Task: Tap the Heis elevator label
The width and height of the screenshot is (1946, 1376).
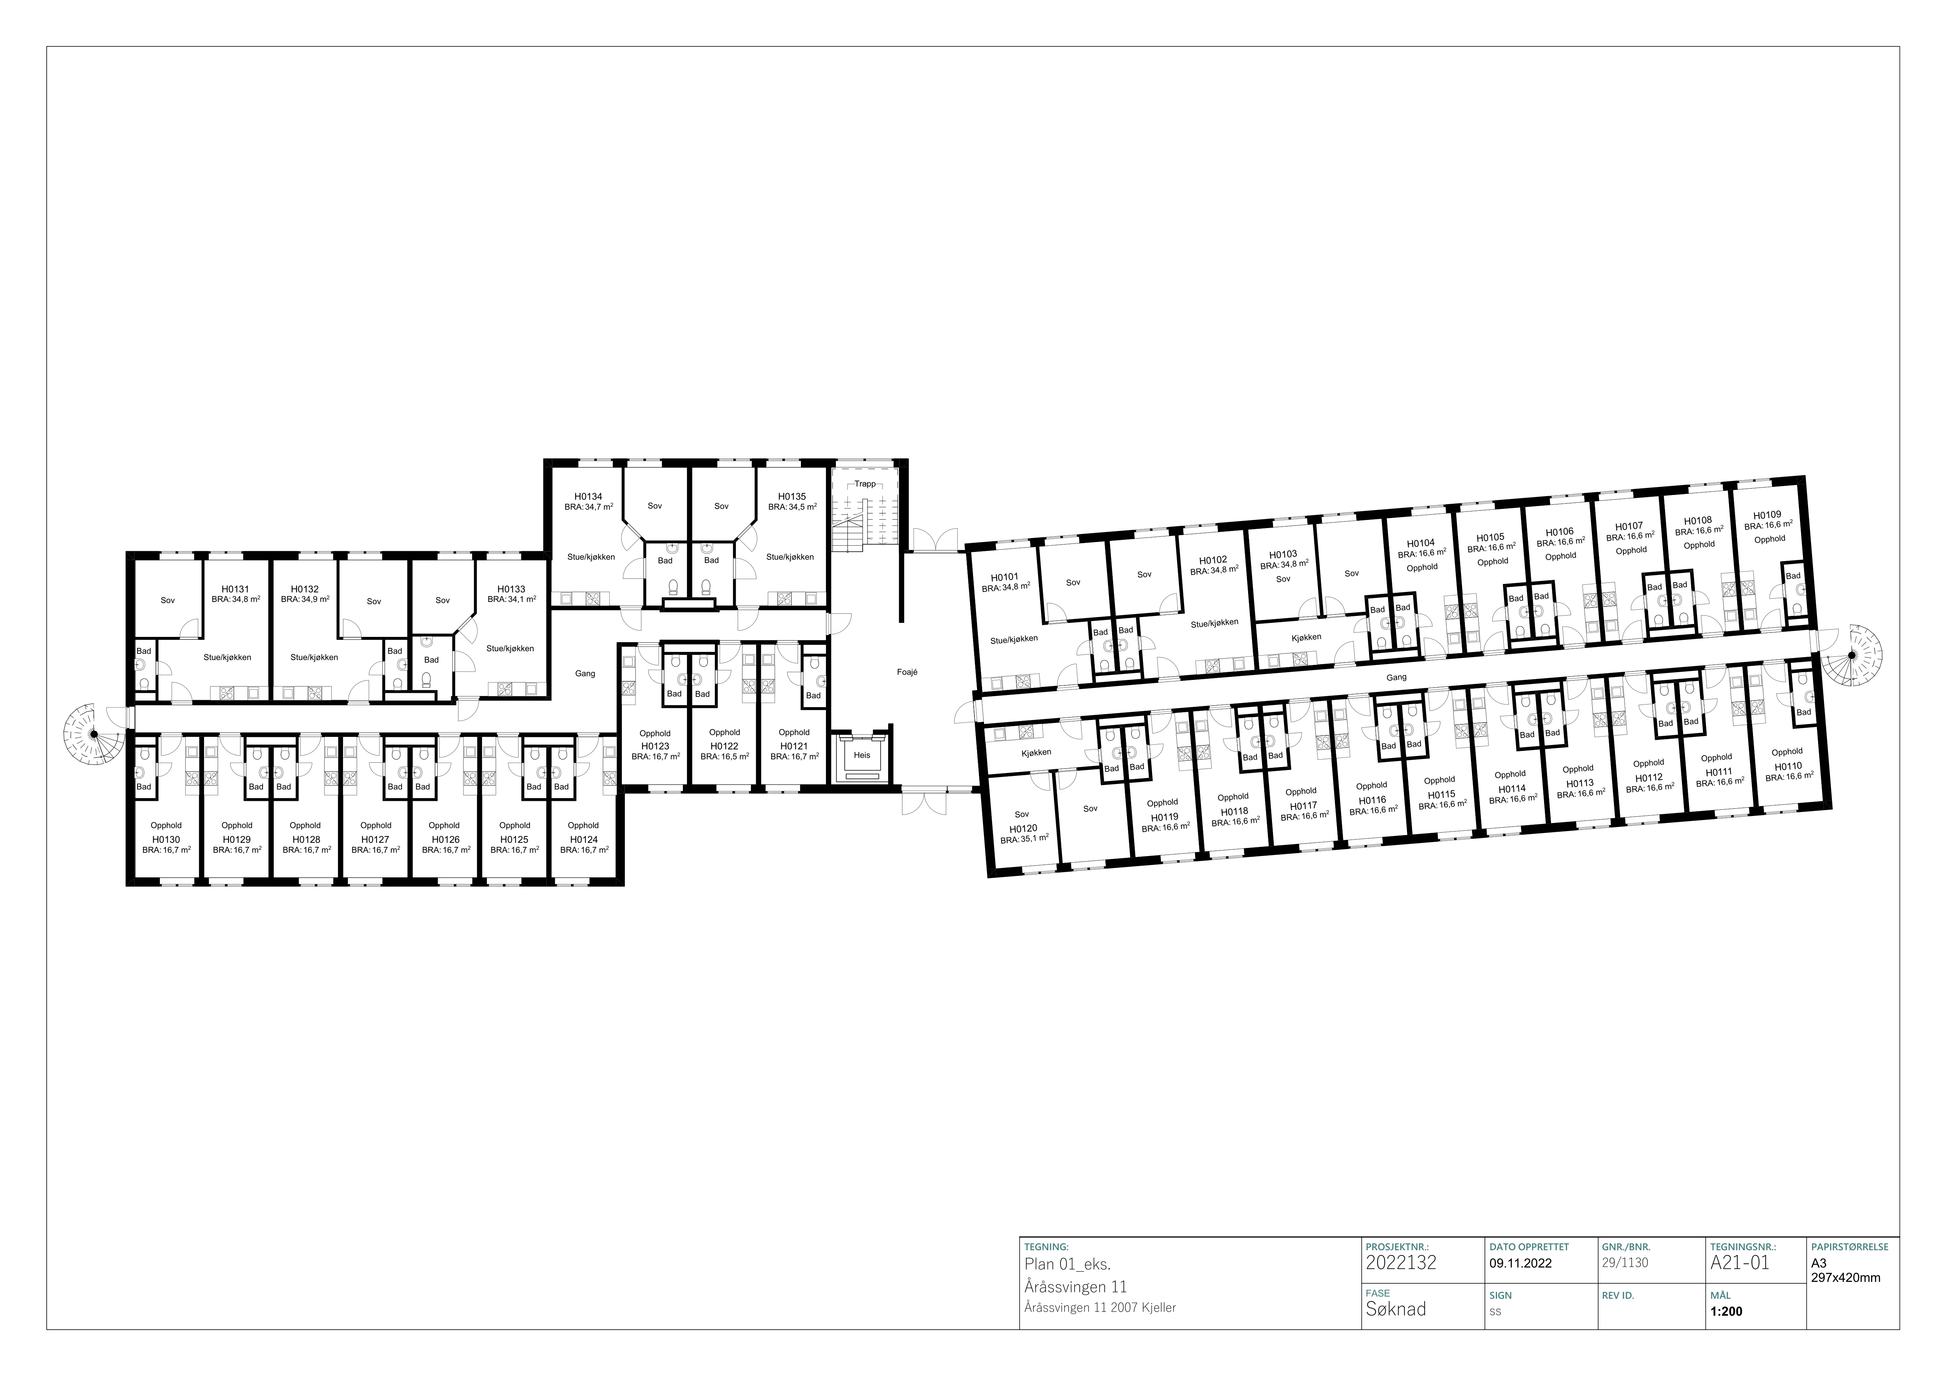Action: click(862, 755)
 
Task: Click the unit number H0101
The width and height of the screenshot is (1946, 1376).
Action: click(1004, 577)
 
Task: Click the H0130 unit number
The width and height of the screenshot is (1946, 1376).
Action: click(166, 839)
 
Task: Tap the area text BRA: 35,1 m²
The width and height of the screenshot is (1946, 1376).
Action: click(1025, 839)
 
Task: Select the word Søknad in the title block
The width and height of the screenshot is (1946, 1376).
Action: click(1396, 1309)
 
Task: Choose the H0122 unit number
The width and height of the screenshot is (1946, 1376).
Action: click(725, 746)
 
